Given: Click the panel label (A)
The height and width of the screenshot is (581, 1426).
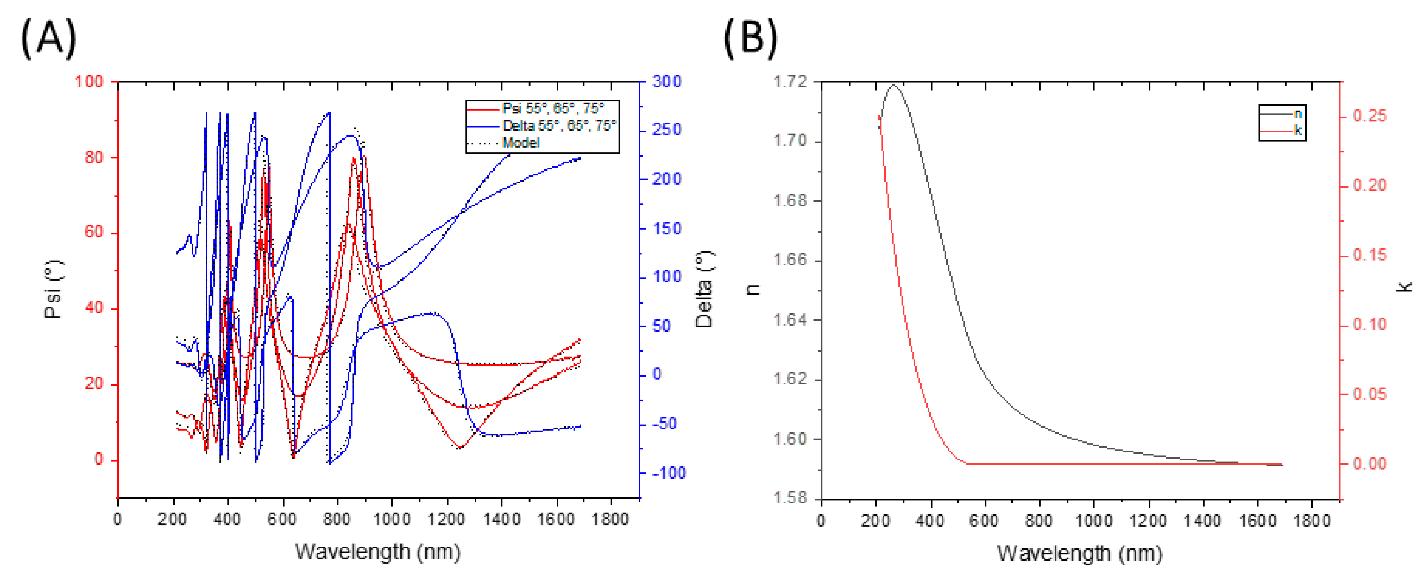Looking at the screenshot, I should click(48, 38).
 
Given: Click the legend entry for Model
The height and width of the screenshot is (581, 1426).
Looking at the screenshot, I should click(520, 143).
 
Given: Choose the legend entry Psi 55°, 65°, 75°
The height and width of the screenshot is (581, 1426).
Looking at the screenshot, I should click(553, 109).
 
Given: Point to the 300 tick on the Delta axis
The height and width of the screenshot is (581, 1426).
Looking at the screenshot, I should click(666, 82).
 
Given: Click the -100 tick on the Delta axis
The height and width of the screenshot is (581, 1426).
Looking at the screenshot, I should click(668, 473).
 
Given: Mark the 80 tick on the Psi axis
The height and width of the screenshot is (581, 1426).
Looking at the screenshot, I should click(93, 157).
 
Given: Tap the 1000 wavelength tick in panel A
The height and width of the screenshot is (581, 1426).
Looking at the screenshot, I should click(392, 519).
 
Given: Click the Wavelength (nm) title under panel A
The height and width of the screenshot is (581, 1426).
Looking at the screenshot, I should click(378, 552).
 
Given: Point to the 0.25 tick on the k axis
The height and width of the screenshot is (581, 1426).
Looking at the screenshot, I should click(1370, 116).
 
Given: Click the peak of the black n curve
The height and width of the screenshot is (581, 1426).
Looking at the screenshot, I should click(893, 85).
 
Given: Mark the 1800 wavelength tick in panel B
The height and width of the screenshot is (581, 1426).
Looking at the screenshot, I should click(1311, 521).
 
